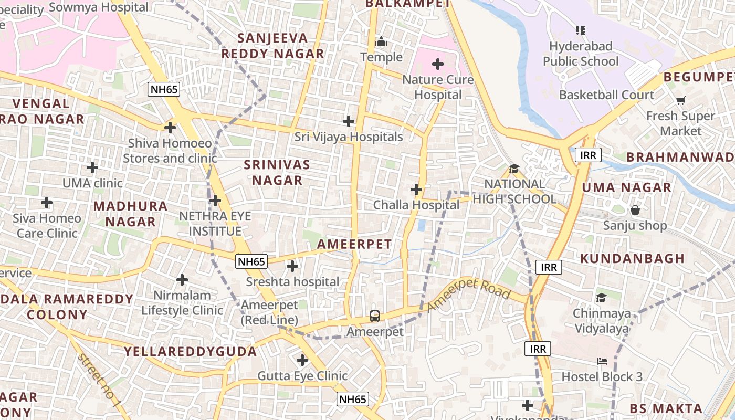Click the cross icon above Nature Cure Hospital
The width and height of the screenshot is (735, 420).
click(437, 64)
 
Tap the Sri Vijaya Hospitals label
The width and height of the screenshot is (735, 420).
click(349, 137)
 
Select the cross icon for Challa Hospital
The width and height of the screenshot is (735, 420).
click(416, 189)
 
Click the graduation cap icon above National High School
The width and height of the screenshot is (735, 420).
click(514, 169)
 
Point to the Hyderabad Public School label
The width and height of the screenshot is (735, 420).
click(581, 54)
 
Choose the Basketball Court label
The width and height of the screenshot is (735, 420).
click(606, 95)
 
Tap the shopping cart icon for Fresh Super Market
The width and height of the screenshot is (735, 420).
click(681, 100)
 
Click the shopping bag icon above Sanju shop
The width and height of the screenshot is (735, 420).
click(635, 211)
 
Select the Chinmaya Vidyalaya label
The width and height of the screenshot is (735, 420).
click(601, 321)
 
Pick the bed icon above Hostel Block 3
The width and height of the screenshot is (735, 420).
click(602, 361)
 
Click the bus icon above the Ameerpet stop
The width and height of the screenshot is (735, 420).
click(375, 316)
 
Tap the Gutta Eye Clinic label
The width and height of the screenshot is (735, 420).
click(302, 376)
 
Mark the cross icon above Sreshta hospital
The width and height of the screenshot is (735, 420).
click(292, 266)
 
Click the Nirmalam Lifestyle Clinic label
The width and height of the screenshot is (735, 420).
click(182, 302)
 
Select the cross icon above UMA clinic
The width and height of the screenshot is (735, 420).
click(92, 167)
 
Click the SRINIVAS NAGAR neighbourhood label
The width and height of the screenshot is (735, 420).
click(277, 173)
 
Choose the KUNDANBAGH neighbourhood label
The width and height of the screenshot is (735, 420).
click(633, 258)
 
